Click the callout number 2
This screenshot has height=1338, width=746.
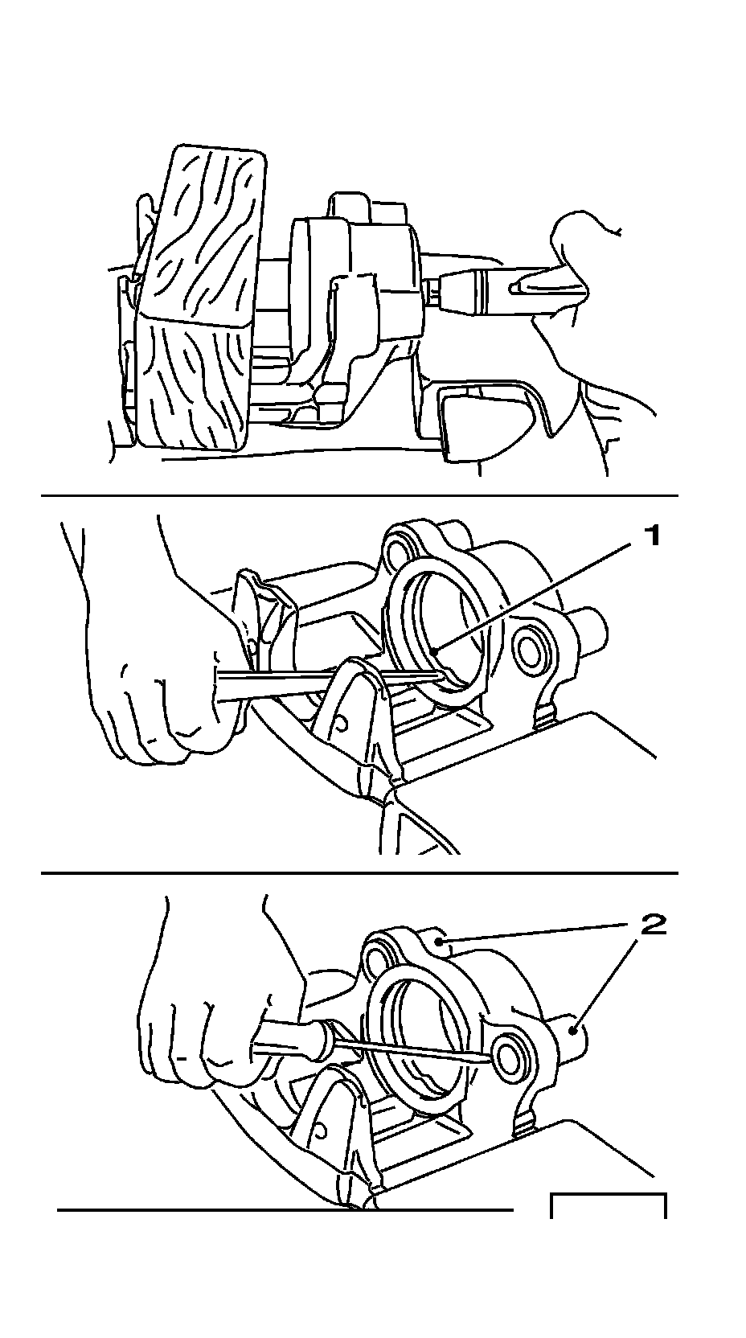(x=653, y=926)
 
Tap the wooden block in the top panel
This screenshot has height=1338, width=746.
(x=200, y=298)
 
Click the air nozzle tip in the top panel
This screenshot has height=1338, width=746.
(x=436, y=295)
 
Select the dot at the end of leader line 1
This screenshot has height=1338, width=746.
(x=436, y=650)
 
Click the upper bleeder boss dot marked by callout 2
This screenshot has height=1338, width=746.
(x=439, y=942)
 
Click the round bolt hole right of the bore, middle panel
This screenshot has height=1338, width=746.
(x=530, y=652)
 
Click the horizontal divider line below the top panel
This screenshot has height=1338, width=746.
(x=359, y=495)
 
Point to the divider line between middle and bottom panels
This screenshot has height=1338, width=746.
(x=359, y=872)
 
